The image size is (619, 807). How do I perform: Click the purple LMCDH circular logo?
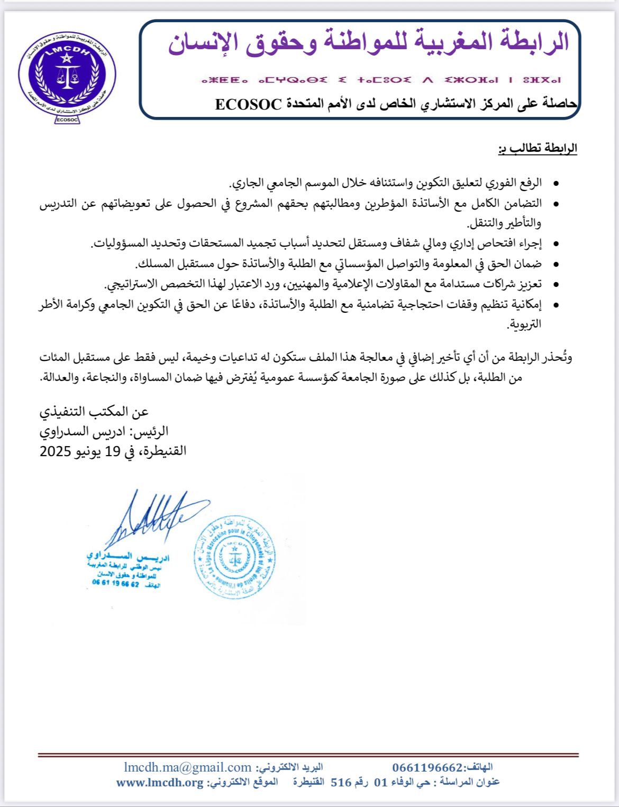67,74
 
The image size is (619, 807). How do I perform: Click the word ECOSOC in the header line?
248,104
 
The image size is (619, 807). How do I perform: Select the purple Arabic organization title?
369,42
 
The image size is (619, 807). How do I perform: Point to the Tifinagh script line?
380,80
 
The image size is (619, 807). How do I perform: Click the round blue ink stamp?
235,557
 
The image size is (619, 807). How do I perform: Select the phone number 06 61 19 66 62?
115,584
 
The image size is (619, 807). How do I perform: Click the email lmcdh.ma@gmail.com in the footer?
188,767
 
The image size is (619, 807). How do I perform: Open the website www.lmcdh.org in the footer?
160,783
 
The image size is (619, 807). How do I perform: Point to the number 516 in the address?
341,783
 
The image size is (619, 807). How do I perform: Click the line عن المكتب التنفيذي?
94,412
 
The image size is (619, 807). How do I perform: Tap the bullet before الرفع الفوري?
556,184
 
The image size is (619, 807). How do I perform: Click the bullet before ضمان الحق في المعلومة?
556,264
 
